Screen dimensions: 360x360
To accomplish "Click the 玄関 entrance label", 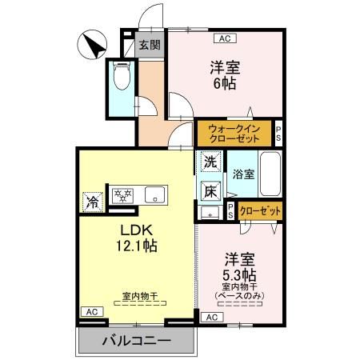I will point(149,46).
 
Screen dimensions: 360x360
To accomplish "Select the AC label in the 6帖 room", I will point(224,38).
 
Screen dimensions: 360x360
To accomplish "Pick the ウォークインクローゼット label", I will point(234,133).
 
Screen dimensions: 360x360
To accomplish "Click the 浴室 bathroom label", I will point(244,174).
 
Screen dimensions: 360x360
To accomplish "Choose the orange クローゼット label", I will point(261,211).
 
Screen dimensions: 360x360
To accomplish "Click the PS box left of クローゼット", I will point(230,211).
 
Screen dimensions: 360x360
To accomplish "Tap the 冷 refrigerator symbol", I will point(94,201).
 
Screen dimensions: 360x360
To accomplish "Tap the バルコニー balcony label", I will point(136,342).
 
